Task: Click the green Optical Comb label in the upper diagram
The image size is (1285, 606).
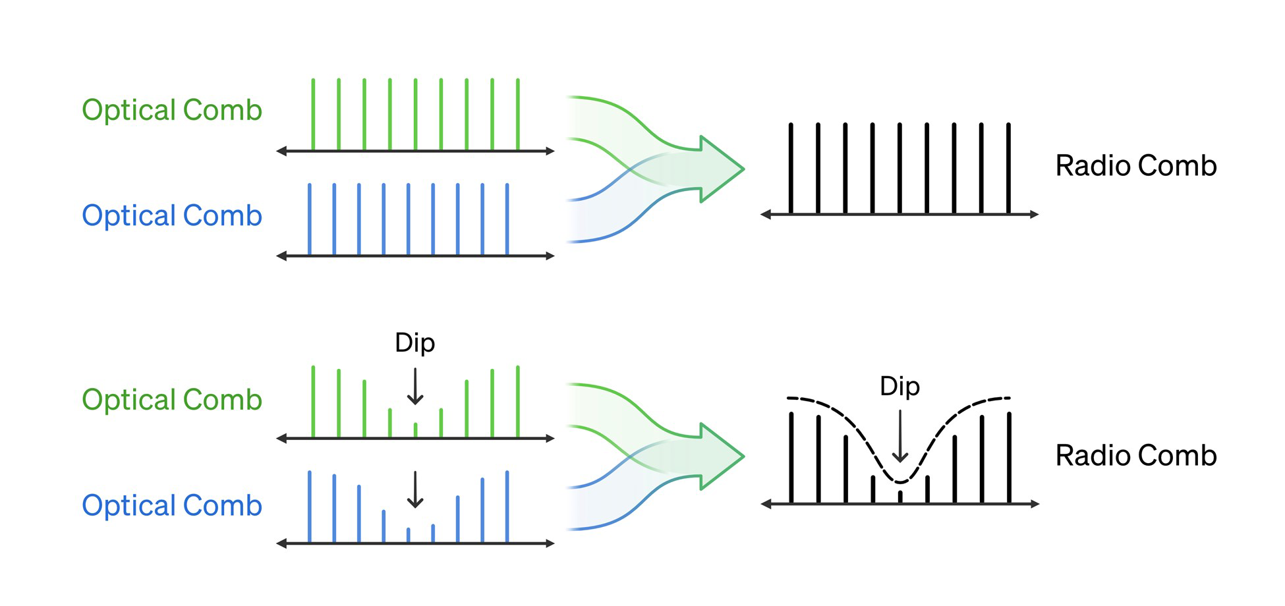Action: click(172, 110)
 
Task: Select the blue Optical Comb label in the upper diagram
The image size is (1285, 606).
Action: click(172, 215)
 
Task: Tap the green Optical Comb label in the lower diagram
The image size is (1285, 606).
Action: click(172, 400)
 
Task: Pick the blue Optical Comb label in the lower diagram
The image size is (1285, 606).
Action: click(172, 505)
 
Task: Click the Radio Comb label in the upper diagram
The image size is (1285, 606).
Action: click(1135, 165)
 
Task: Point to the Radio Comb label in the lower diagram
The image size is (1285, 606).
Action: click(1135, 455)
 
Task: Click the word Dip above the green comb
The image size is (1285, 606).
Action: click(414, 343)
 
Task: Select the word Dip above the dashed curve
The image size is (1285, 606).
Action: click(899, 386)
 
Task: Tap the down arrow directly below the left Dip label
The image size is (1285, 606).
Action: click(414, 387)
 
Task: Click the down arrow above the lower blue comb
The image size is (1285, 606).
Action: click(414, 489)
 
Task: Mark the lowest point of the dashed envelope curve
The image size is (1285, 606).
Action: click(899, 482)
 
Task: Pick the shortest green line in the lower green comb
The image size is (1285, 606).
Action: click(415, 429)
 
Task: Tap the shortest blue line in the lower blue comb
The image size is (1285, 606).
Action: click(408, 534)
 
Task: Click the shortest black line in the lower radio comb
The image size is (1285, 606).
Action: click(899, 497)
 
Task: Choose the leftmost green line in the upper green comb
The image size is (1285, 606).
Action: click(313, 115)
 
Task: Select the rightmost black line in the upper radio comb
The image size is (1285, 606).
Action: click(1008, 168)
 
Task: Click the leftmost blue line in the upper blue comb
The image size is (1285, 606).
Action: click(310, 219)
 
